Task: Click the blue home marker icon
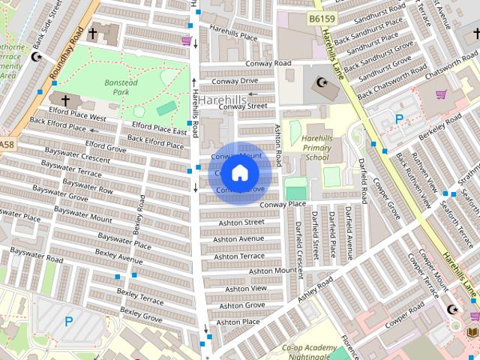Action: pyautogui.click(x=238, y=172)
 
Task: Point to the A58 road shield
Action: pyautogui.click(x=6, y=144)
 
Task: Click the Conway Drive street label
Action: pyautogui.click(x=235, y=81)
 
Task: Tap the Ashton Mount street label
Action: pyautogui.click(x=273, y=271)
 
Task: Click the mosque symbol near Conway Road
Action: pyautogui.click(x=323, y=82)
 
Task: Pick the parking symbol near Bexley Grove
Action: pyautogui.click(x=68, y=322)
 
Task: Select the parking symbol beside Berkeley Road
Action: pyautogui.click(x=400, y=118)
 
